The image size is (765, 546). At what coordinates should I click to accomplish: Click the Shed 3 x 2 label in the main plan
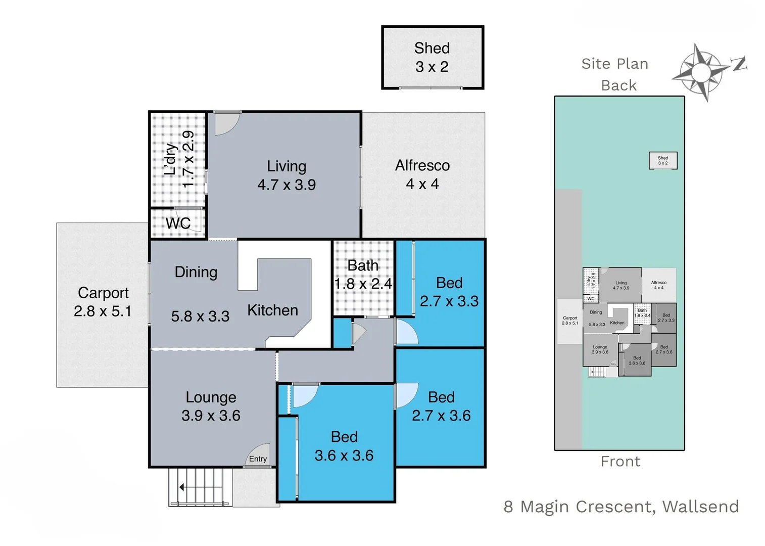(x=432, y=57)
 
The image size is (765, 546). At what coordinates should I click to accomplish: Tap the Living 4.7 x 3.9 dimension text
(x=286, y=185)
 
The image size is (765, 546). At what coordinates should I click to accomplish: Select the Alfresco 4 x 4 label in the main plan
(x=422, y=174)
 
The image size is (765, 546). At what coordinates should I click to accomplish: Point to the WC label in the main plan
(x=178, y=223)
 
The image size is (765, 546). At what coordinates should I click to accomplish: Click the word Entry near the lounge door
(x=258, y=459)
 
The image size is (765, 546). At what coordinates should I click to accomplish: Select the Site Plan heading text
(x=614, y=64)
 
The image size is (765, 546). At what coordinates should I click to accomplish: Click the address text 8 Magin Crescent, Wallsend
(x=621, y=507)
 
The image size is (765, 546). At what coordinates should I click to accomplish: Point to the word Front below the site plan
(x=620, y=462)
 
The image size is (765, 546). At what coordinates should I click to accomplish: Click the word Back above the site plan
(x=619, y=85)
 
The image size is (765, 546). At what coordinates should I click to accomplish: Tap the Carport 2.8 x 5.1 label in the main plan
(x=103, y=302)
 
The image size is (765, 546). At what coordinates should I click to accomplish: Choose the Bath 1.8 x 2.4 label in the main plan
(x=363, y=275)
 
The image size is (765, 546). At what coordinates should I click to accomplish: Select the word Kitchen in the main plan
(x=272, y=310)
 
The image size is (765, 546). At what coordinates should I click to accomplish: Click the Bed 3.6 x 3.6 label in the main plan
(x=344, y=446)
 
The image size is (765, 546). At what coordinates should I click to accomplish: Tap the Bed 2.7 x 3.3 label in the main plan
(x=449, y=292)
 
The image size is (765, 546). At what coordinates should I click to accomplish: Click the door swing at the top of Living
(x=226, y=124)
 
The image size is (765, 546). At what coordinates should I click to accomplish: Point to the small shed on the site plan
(x=662, y=161)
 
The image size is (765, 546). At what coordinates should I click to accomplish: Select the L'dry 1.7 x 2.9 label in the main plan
(x=179, y=159)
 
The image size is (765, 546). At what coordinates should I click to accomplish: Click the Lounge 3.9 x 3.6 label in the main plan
(x=211, y=406)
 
